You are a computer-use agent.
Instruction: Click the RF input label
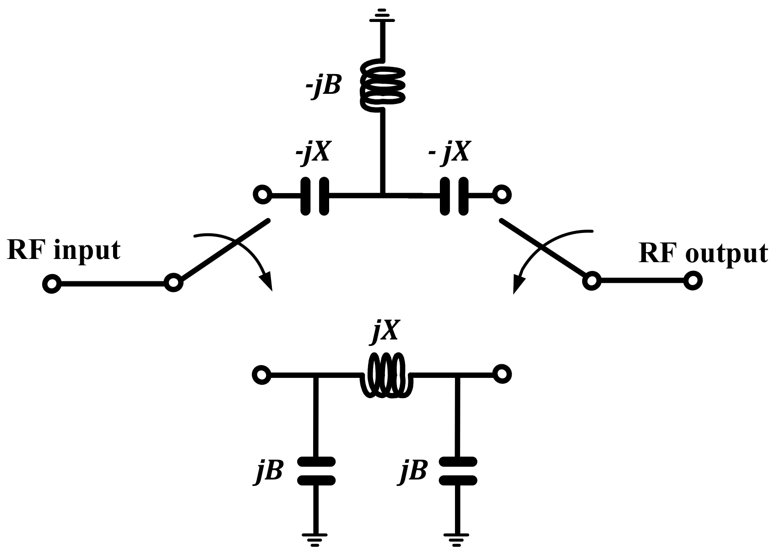[x=64, y=251]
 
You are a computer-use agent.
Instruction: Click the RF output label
[x=703, y=253]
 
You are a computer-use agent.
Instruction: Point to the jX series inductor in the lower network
[x=387, y=375]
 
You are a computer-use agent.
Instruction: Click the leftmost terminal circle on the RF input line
[x=51, y=284]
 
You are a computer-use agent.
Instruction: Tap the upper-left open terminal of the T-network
[x=262, y=195]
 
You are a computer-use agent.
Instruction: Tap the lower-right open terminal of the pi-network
[x=502, y=375]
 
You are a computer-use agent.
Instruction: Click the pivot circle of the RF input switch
[x=173, y=282]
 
